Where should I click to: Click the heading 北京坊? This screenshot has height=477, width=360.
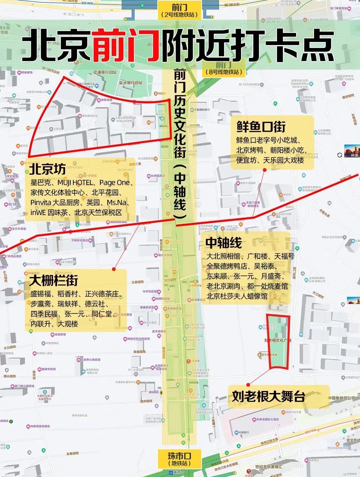[47, 169]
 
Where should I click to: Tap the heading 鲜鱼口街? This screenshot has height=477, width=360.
[261, 127]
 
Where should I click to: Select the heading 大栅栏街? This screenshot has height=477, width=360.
[54, 280]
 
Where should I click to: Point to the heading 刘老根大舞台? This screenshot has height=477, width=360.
[269, 396]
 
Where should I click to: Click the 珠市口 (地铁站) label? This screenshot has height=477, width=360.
[179, 459]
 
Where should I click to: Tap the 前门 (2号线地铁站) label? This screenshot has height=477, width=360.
[179, 10]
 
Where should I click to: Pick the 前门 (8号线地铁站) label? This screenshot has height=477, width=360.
[224, 69]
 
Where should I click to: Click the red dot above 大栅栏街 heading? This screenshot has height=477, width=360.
[114, 269]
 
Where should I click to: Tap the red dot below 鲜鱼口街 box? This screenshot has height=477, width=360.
[264, 170]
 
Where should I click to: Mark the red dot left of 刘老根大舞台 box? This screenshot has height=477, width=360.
[248, 385]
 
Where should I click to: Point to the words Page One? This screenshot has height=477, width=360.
[114, 183]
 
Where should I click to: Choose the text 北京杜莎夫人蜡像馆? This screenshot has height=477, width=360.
[237, 296]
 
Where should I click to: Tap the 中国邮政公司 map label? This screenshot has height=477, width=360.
[341, 398]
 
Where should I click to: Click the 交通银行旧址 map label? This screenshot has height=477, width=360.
[105, 72]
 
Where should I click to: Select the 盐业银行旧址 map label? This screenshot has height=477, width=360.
[130, 83]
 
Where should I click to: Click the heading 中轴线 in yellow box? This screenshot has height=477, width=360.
[224, 243]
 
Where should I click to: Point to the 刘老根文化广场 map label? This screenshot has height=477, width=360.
[278, 340]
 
